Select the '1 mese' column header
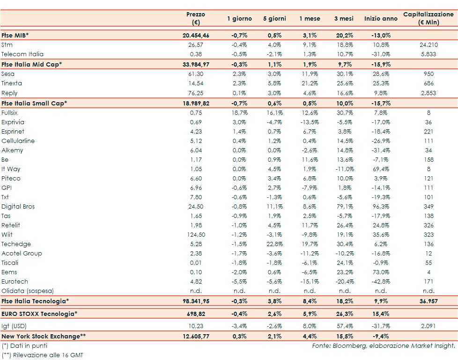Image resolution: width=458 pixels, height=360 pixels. pos(310,19)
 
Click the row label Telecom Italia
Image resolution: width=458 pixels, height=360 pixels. pos(22,54)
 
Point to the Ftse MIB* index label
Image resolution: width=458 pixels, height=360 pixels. pos(17,35)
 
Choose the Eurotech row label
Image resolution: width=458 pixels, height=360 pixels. pos(15,281)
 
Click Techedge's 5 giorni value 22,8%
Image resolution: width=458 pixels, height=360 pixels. pos(274,244)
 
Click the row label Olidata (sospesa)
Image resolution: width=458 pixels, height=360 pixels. pos(28,291)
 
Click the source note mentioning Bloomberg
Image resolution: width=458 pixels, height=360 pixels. pos(384,345)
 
